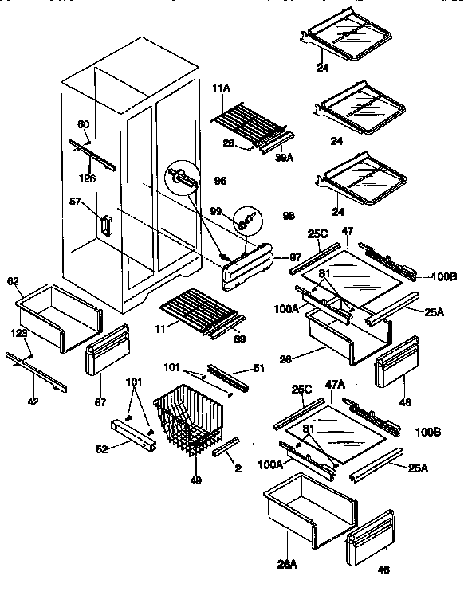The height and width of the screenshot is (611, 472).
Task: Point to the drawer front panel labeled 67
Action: [106, 351]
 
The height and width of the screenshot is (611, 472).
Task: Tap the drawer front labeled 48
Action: [396, 362]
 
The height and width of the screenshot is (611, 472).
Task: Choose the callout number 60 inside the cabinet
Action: [82, 123]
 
